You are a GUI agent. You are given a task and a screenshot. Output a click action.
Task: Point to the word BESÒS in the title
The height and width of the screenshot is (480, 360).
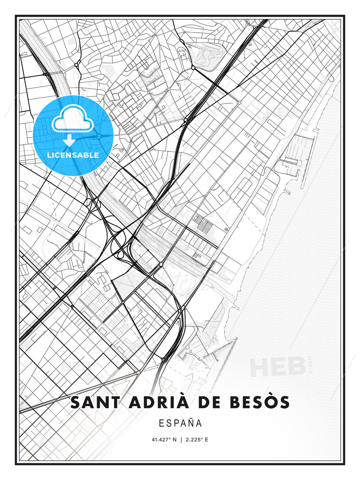click(260, 402)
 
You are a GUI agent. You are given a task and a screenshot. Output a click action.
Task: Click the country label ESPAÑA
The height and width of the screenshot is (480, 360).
click(180, 423)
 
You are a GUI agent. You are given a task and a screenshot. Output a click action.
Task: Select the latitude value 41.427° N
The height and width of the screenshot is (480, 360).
click(164, 440)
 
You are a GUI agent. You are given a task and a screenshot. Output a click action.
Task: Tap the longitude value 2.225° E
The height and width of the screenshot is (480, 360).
click(197, 440)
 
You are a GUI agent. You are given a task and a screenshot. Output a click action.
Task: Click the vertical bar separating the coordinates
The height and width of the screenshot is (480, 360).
click(181, 440)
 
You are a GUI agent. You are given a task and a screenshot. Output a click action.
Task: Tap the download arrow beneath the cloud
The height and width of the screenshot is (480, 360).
click(69, 140)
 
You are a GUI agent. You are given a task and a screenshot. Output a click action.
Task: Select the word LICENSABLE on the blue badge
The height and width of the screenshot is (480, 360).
click(73, 155)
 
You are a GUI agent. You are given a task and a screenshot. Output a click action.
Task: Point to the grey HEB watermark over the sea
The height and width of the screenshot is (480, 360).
click(278, 367)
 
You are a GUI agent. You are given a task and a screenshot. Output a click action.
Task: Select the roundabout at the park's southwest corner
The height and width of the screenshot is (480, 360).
click(193, 68)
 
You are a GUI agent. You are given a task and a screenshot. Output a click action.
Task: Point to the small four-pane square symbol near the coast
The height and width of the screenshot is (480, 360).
click(227, 229)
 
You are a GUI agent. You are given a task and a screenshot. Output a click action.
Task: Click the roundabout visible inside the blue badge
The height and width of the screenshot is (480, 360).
click(99, 136)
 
